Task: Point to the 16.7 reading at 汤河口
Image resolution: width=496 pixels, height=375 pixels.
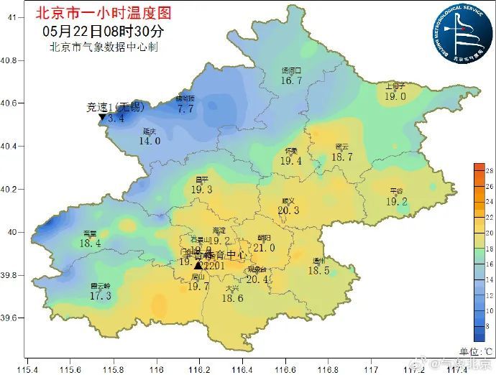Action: pos(291,81)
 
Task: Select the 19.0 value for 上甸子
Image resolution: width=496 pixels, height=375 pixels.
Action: pos(395,96)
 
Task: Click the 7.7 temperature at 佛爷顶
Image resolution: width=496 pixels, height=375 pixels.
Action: pos(185,109)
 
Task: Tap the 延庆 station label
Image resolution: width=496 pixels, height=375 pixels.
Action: pos(150,131)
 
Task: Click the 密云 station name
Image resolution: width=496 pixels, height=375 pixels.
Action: pos(342,147)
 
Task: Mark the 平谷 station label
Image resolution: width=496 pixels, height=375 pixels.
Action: pos(396,191)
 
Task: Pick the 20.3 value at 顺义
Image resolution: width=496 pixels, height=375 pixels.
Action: pos(288,210)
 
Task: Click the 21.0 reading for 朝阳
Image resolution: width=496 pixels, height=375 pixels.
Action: pos(264,248)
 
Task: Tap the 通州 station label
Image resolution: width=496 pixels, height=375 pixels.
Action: pos(318,261)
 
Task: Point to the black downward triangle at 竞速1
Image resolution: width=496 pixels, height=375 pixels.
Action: pos(103,117)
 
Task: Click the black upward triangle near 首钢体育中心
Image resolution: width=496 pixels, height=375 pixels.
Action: pos(198,265)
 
